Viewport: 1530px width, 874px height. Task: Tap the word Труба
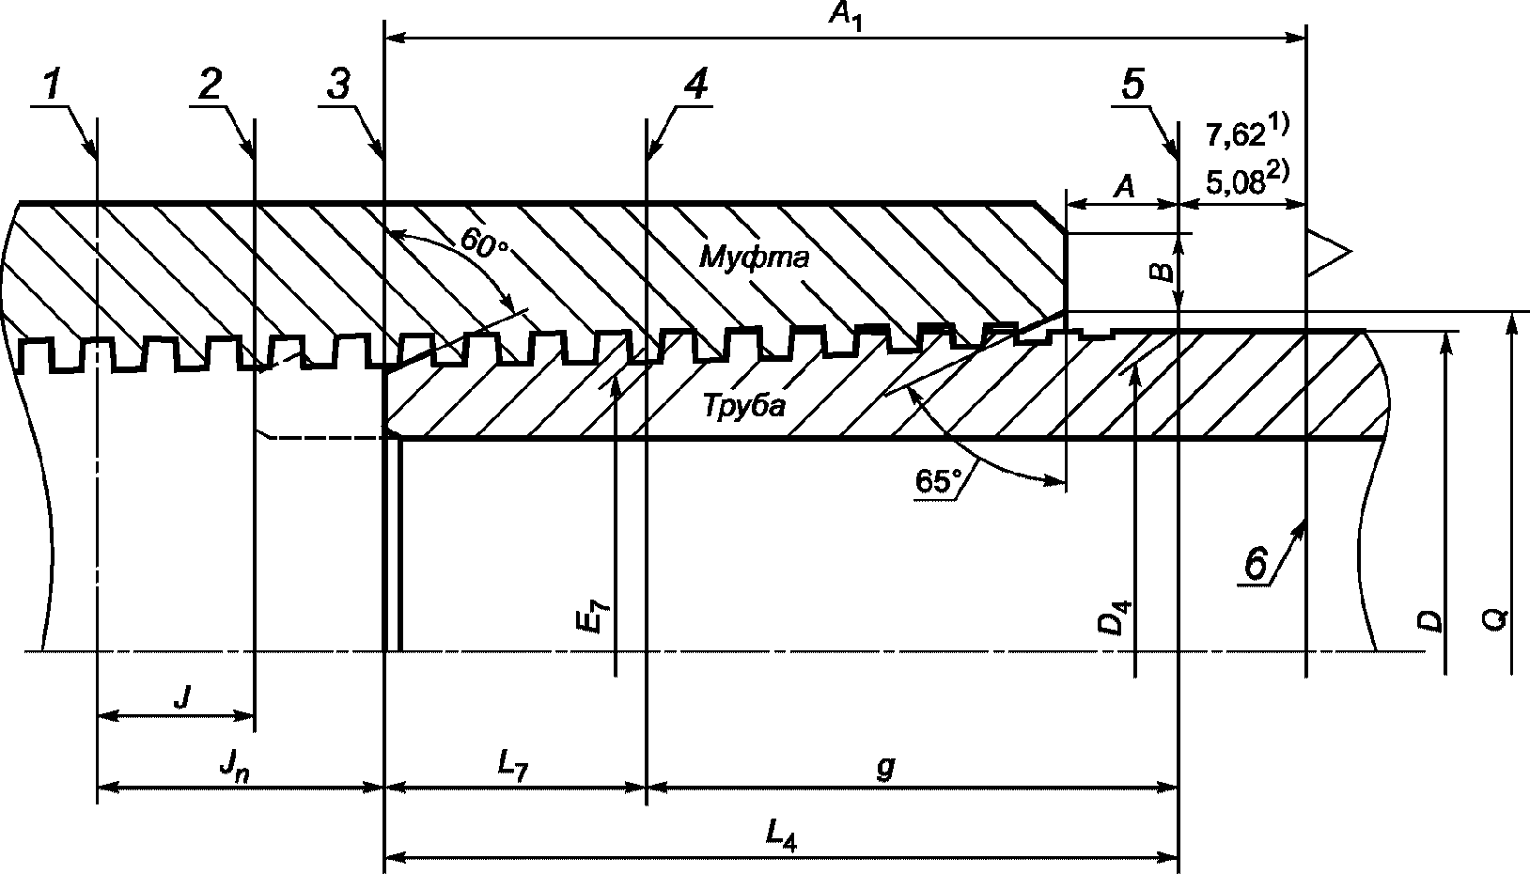click(x=743, y=406)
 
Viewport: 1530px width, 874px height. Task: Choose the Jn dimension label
click(x=231, y=769)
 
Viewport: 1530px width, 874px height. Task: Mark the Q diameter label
click(x=1498, y=618)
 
